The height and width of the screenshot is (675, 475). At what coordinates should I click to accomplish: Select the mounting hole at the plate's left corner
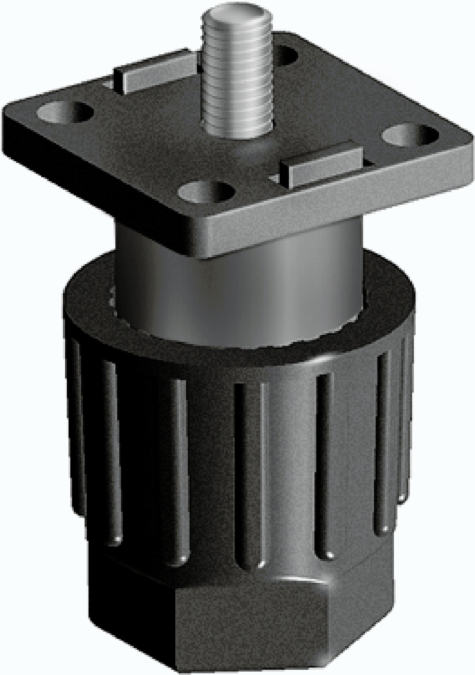coord(64,111)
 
